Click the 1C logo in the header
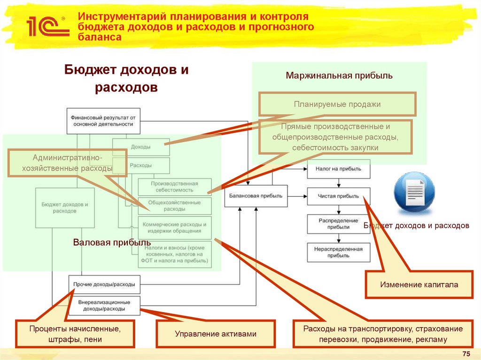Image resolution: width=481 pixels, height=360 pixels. (44, 27)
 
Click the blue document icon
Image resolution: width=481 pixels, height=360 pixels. (414, 192)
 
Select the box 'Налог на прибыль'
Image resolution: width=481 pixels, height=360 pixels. (338, 169)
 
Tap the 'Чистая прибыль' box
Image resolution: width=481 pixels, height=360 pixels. (338, 196)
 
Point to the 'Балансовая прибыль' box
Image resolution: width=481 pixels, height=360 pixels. (256, 196)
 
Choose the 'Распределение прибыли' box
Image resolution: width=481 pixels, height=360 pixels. (338, 223)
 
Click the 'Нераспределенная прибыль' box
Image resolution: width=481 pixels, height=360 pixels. (338, 252)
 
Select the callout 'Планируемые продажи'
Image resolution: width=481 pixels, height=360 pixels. (337, 104)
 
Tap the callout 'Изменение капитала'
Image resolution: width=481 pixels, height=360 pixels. (419, 284)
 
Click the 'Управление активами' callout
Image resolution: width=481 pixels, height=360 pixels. (216, 334)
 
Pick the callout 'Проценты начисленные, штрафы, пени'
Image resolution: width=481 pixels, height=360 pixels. (75, 334)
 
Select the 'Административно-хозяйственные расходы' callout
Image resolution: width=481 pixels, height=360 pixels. (67, 163)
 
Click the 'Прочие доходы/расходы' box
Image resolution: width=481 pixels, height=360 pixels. (104, 284)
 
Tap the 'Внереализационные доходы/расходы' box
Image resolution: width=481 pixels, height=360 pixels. (104, 306)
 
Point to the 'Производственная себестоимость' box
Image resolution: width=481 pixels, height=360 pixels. (174, 187)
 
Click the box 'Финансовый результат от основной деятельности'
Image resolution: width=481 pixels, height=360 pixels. (103, 121)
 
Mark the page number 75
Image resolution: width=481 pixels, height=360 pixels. (466, 353)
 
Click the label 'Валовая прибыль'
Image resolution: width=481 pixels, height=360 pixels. (111, 242)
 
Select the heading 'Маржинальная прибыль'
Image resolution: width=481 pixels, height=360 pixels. (339, 75)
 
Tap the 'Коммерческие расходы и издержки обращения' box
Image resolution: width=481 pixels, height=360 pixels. (174, 228)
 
